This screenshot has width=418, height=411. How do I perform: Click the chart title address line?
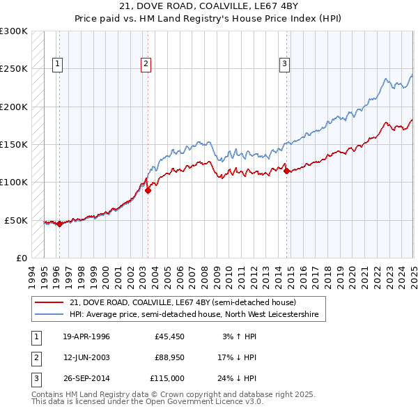pyautogui.click(x=209, y=7)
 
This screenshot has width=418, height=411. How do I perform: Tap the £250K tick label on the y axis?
pyautogui.click(x=14, y=69)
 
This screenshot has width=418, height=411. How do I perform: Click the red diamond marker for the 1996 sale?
pyautogui.click(x=59, y=224)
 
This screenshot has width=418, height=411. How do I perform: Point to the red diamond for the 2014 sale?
pyautogui.click(x=287, y=171)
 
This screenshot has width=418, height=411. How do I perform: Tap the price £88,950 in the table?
pyautogui.click(x=169, y=357)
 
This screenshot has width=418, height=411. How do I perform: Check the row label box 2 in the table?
pyautogui.click(x=36, y=358)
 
